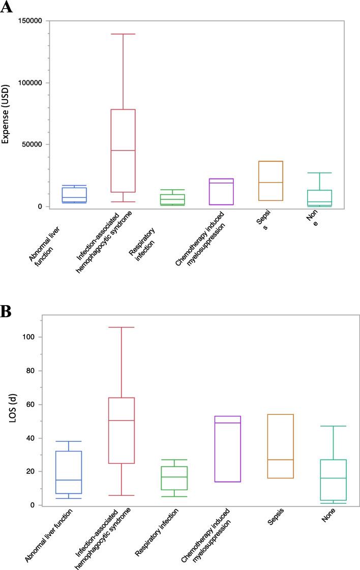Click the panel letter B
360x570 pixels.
(x=7, y=311)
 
